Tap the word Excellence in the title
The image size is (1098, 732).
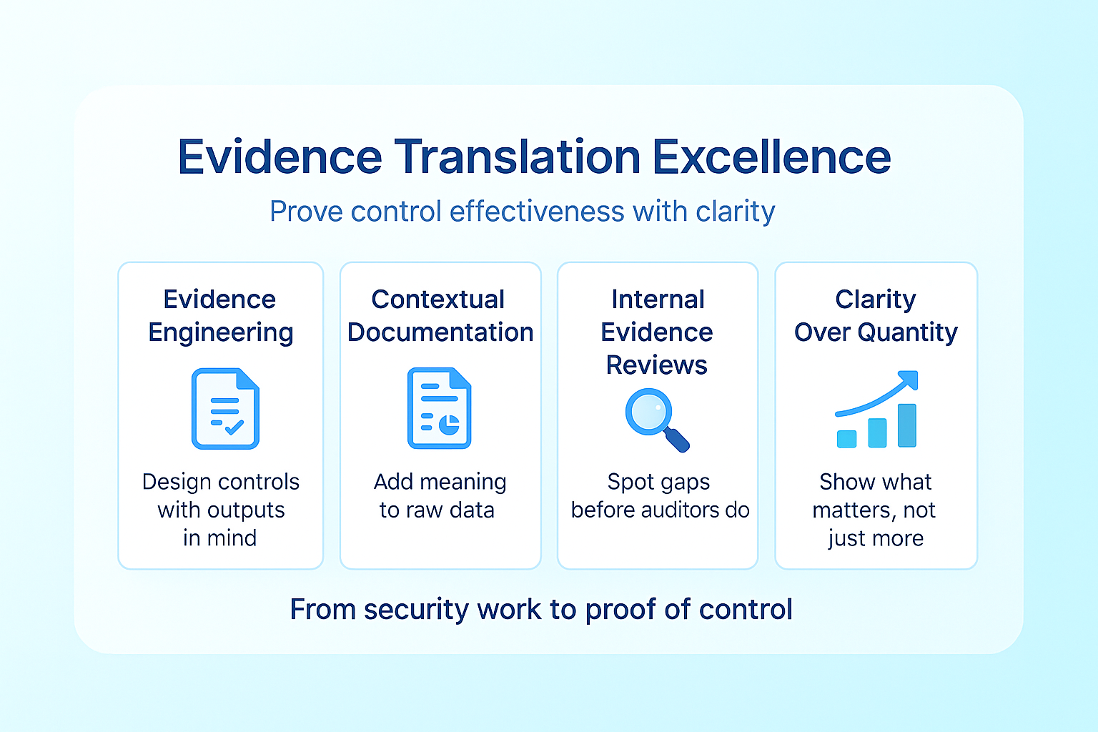772,157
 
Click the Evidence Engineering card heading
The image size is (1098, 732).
221,316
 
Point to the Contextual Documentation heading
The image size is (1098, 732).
440,316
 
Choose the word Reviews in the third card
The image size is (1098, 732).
657,365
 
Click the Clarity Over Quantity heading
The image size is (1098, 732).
876,316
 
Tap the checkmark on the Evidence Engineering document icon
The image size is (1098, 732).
234,427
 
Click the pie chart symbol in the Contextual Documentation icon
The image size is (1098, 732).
449,425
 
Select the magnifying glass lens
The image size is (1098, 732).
648,412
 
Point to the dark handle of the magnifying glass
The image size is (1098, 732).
677,440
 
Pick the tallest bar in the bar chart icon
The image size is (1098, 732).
907,425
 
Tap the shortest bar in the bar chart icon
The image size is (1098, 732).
846,439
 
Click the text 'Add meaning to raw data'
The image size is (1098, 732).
440,495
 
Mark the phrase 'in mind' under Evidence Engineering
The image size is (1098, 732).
219,538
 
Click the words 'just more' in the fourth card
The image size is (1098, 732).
876,538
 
